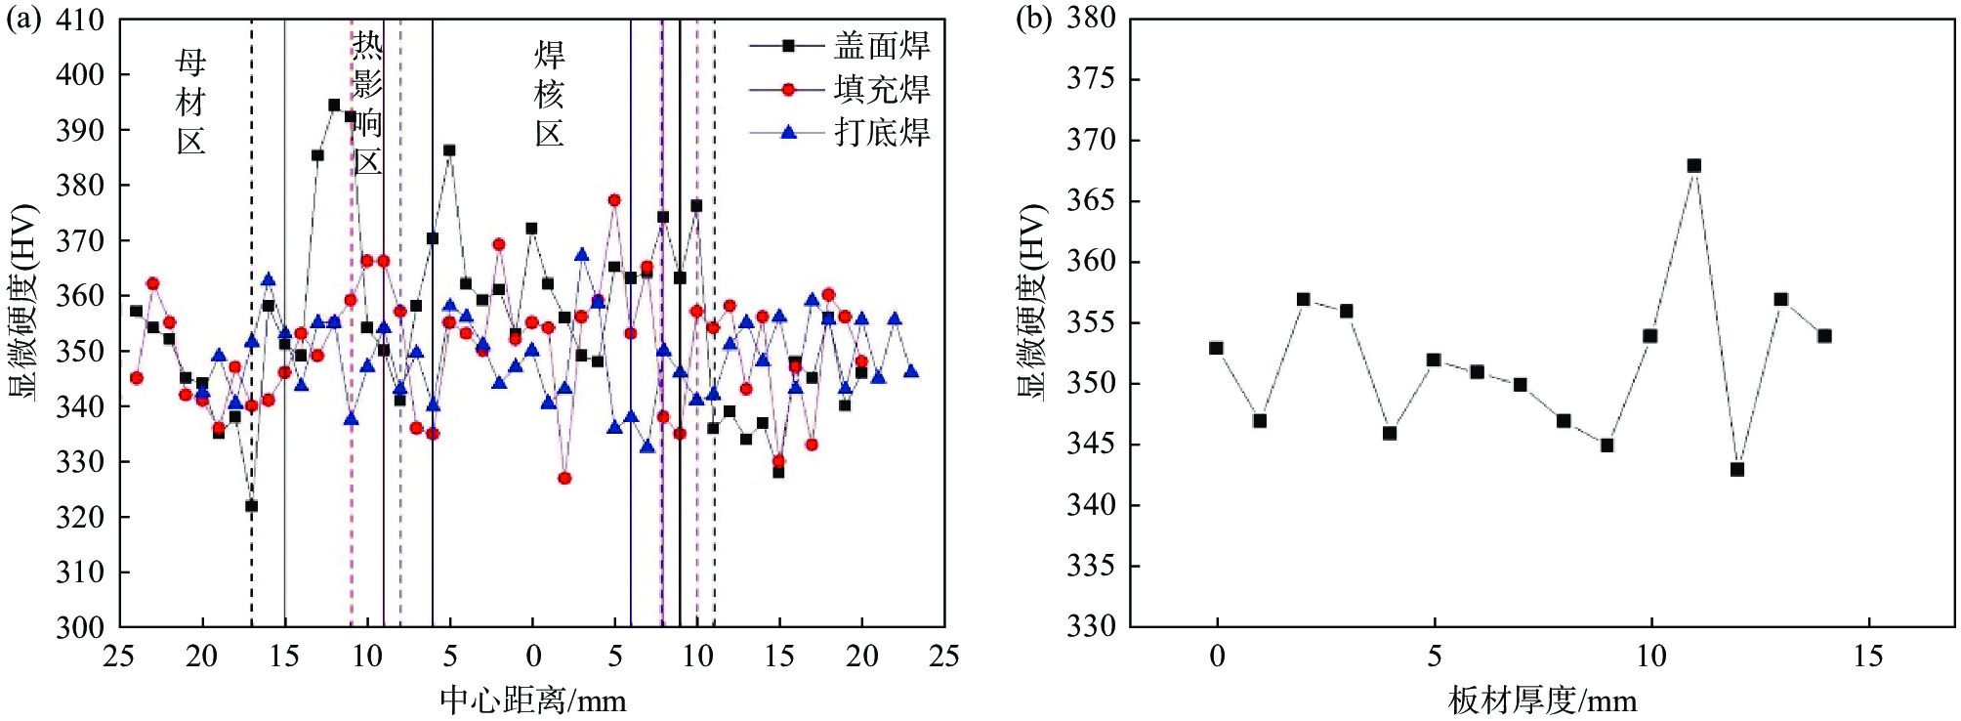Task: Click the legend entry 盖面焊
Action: (881, 46)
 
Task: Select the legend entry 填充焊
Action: (881, 90)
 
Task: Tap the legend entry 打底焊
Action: (881, 133)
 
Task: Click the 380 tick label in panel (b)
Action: (1090, 19)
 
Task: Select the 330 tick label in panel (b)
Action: (1090, 626)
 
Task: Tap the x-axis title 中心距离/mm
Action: (532, 700)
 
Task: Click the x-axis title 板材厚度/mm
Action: (1542, 700)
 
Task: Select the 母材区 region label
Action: (191, 103)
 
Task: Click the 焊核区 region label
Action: (550, 94)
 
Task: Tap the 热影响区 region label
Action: (367, 103)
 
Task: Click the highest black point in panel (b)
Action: (1694, 166)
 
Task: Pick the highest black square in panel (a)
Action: (334, 106)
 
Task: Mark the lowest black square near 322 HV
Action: (251, 506)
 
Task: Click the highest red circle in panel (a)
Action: (614, 200)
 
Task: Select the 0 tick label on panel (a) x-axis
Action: (532, 656)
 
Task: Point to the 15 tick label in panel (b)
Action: (1868, 656)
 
